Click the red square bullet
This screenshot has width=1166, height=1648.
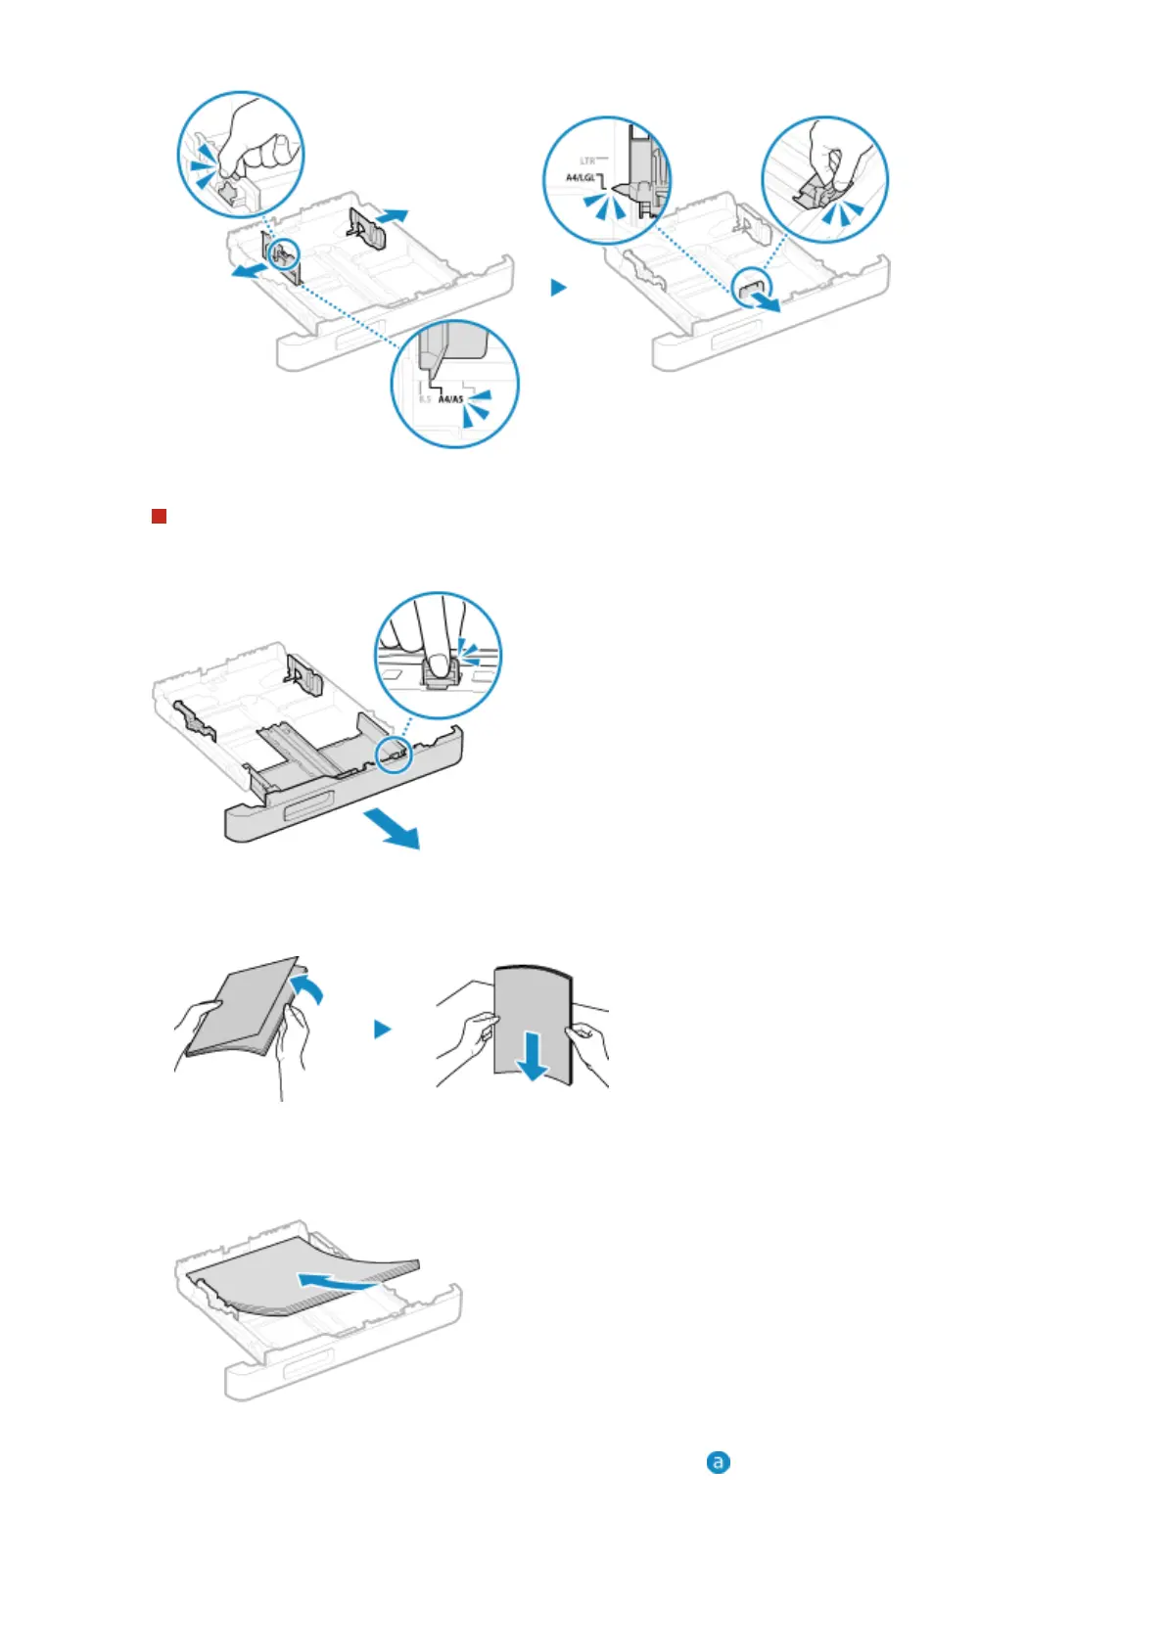pos(159,516)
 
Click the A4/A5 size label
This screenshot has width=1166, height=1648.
pos(450,399)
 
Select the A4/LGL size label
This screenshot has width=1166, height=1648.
pos(580,178)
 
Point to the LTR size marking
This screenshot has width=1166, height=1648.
pos(587,160)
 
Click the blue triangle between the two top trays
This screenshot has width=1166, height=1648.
pos(558,288)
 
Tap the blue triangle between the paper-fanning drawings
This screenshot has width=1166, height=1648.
pos(383,1030)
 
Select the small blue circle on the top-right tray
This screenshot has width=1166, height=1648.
pos(752,287)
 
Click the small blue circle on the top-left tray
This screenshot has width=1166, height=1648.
pos(282,252)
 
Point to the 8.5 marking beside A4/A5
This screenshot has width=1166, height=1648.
pos(425,399)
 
